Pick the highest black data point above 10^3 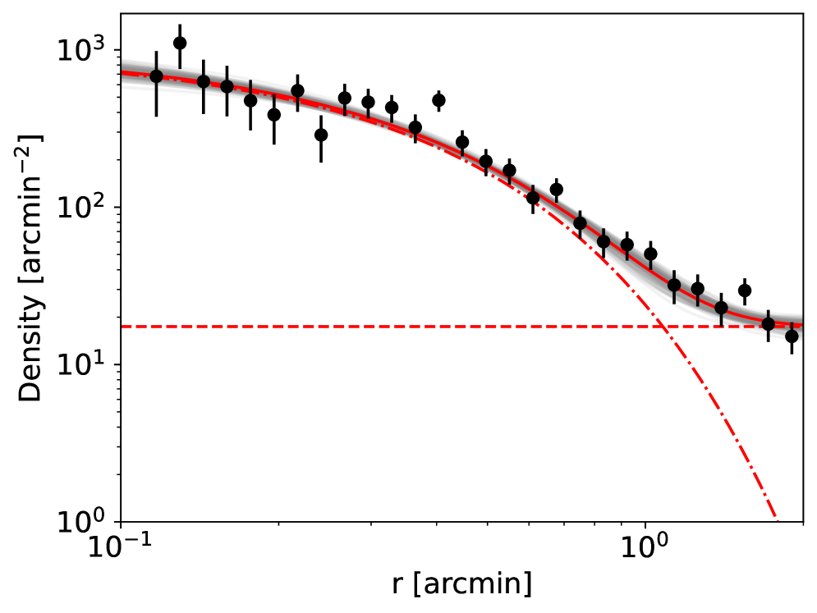pyautogui.click(x=180, y=43)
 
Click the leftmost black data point pyautogui.click(x=156, y=76)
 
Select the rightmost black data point pyautogui.click(x=792, y=336)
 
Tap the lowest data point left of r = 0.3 pyautogui.click(x=321, y=135)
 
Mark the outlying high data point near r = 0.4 pyautogui.click(x=438, y=100)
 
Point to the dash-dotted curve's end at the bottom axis pyautogui.click(x=778, y=520)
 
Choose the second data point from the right pyautogui.click(x=768, y=323)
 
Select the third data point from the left pyautogui.click(x=204, y=81)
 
